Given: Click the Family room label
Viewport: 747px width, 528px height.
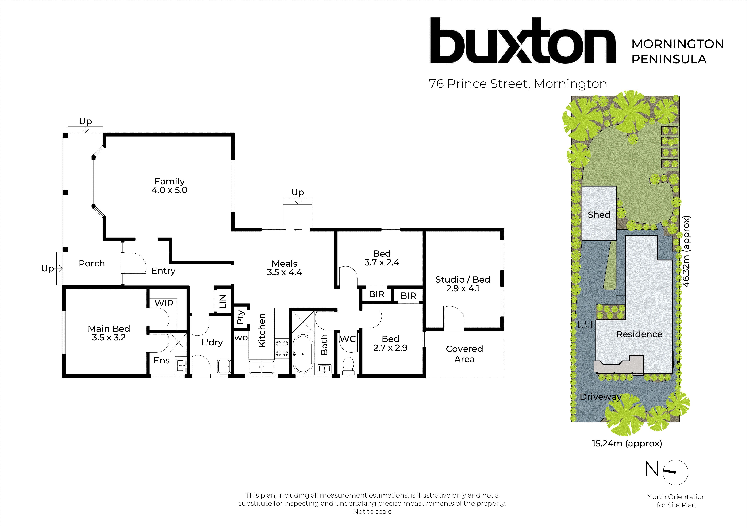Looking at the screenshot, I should click(x=169, y=182).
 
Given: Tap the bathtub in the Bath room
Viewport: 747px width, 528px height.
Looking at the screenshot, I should click(x=303, y=354).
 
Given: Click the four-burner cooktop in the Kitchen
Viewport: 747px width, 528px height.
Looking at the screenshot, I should click(x=282, y=348).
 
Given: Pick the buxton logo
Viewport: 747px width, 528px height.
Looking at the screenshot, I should click(x=522, y=41).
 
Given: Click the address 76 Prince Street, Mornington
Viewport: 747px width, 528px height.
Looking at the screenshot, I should click(x=518, y=84).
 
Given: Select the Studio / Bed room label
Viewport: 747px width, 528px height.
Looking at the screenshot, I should click(x=462, y=279).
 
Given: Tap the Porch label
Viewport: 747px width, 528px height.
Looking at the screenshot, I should click(x=92, y=263).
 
